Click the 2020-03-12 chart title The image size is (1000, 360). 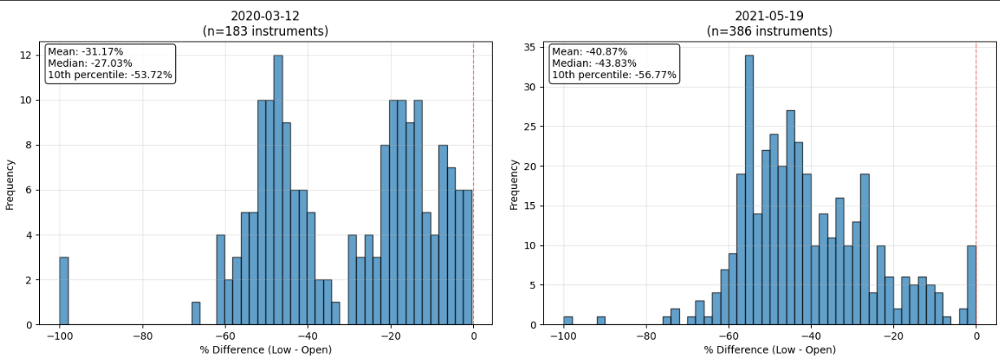tap(265, 16)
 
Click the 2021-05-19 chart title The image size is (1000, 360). tap(768, 16)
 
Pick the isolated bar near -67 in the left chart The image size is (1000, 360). tap(195, 314)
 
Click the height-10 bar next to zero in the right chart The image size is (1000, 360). tap(971, 285)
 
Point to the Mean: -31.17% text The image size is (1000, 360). tap(86, 51)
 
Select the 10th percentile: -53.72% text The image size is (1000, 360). tap(110, 75)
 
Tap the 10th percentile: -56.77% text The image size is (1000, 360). tap(614, 75)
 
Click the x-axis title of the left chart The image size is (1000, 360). tap(265, 350)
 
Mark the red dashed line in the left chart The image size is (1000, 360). tap(473, 163)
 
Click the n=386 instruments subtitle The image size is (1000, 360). tap(768, 32)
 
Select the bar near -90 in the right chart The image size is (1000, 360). tap(601, 320)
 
